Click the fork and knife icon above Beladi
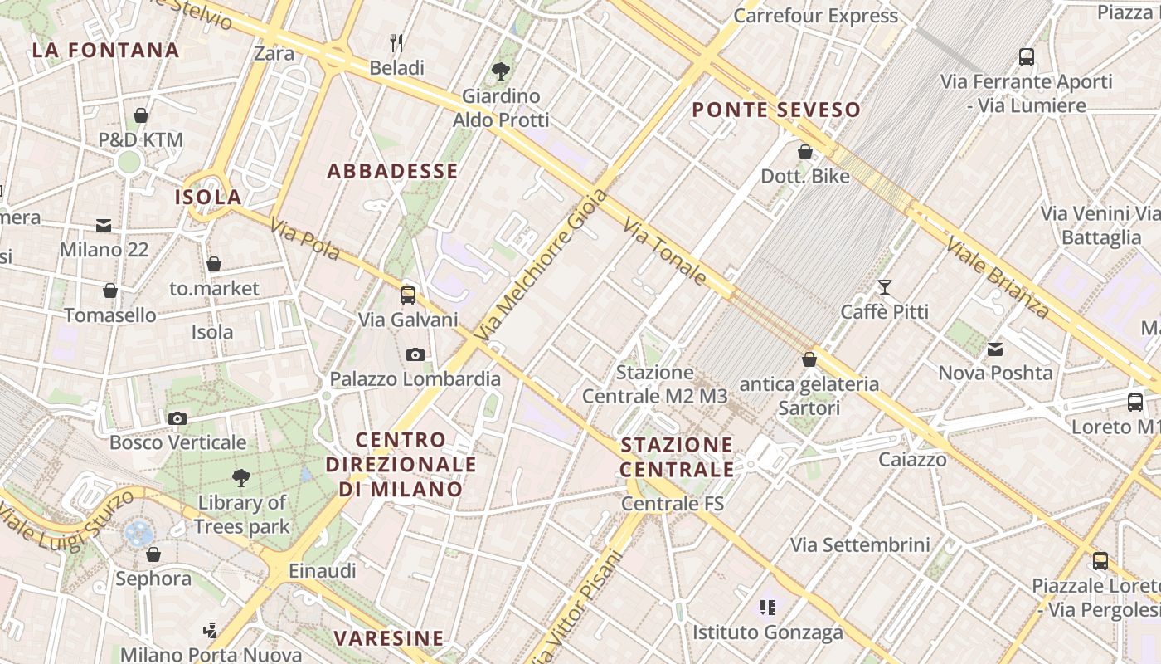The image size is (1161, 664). (x=396, y=42)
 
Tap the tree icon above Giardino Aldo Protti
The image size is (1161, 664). (x=500, y=71)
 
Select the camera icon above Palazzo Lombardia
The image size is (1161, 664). (x=415, y=354)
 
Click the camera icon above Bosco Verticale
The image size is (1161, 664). (x=177, y=418)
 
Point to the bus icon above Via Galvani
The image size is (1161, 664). (x=408, y=295)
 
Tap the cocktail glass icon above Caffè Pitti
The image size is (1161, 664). (x=885, y=287)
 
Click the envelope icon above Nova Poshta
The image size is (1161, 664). (x=994, y=349)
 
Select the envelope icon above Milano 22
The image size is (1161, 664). (x=104, y=226)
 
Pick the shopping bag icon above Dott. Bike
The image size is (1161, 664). (x=804, y=152)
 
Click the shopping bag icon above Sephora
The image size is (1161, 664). (x=153, y=554)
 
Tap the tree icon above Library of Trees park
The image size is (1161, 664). (x=241, y=477)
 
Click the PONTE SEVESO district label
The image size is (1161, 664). (x=776, y=110)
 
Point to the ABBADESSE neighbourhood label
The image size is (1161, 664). (x=392, y=171)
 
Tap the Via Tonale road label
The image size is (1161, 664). (x=666, y=251)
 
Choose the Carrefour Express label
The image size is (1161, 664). (x=815, y=16)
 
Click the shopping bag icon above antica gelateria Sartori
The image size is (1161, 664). (x=809, y=359)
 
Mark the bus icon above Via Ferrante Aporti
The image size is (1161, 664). (x=1027, y=57)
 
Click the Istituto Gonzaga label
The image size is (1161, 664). (x=768, y=632)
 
